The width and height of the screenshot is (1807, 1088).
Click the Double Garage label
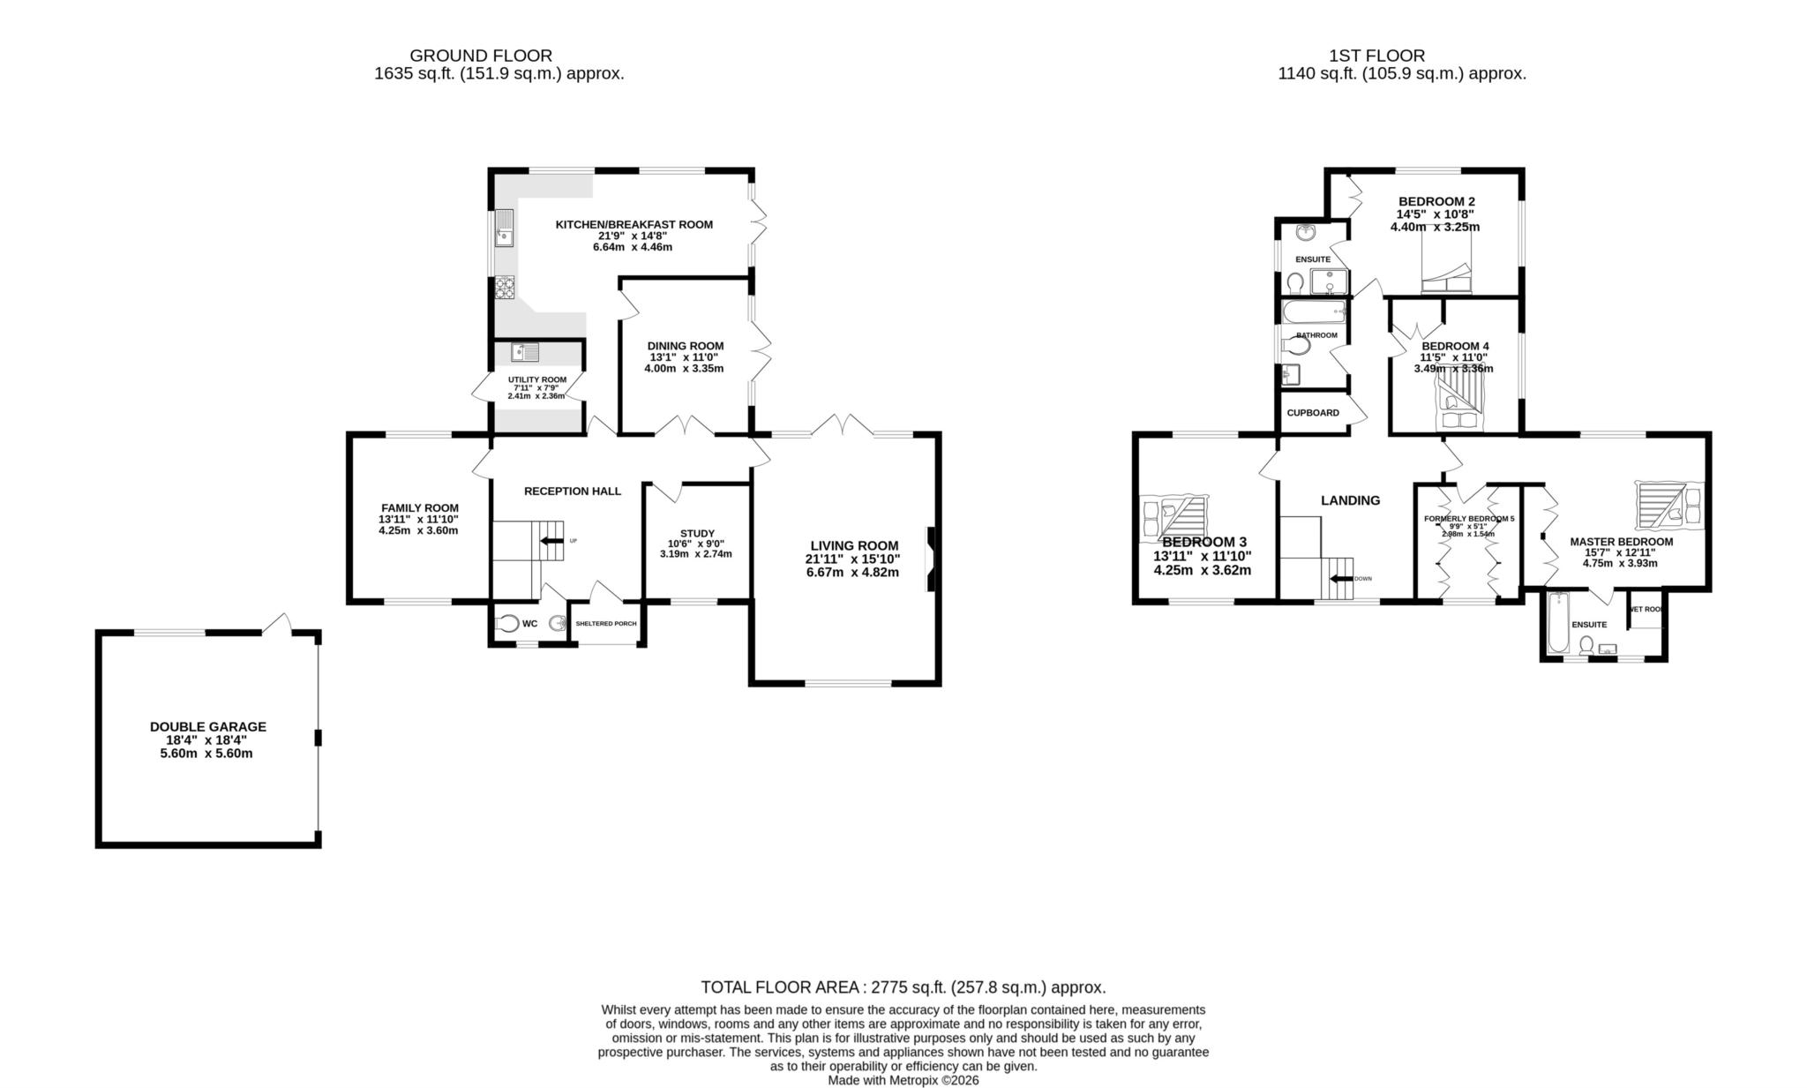tap(207, 726)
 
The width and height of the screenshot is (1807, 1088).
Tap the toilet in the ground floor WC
tap(507, 623)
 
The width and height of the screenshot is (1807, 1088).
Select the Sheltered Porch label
tap(605, 624)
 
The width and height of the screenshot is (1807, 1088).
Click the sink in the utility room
tap(524, 352)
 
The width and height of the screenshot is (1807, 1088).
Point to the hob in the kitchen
tap(505, 287)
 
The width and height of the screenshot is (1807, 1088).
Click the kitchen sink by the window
tap(504, 229)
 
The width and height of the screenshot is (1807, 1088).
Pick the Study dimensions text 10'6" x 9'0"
tap(696, 544)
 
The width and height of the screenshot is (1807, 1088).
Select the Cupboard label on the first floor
tap(1312, 413)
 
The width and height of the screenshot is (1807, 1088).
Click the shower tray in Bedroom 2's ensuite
tap(1330, 281)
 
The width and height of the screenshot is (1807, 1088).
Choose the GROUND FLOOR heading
tap(481, 56)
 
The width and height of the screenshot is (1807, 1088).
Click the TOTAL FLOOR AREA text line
tap(903, 987)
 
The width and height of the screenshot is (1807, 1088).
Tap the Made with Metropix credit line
tap(903, 1080)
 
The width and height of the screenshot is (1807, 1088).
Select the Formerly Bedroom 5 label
tap(1469, 519)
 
